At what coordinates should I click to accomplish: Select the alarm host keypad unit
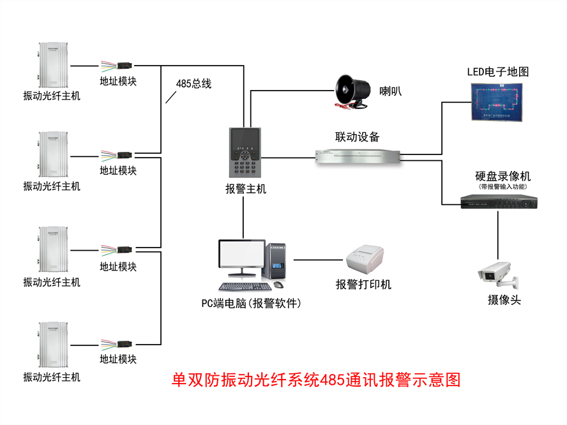pyautogui.click(x=245, y=154)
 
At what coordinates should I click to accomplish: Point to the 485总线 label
pyautogui.click(x=193, y=84)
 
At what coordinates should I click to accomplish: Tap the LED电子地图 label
pyautogui.click(x=498, y=71)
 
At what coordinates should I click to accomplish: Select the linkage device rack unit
pyautogui.click(x=358, y=156)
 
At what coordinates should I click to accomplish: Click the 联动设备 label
pyautogui.click(x=358, y=137)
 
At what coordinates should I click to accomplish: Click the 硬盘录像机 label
pyautogui.click(x=503, y=176)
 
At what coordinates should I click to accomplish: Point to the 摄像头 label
pyautogui.click(x=504, y=300)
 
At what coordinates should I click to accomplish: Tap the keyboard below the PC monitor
pyautogui.click(x=243, y=288)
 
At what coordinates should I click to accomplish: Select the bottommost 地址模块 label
pyautogui.click(x=118, y=359)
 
